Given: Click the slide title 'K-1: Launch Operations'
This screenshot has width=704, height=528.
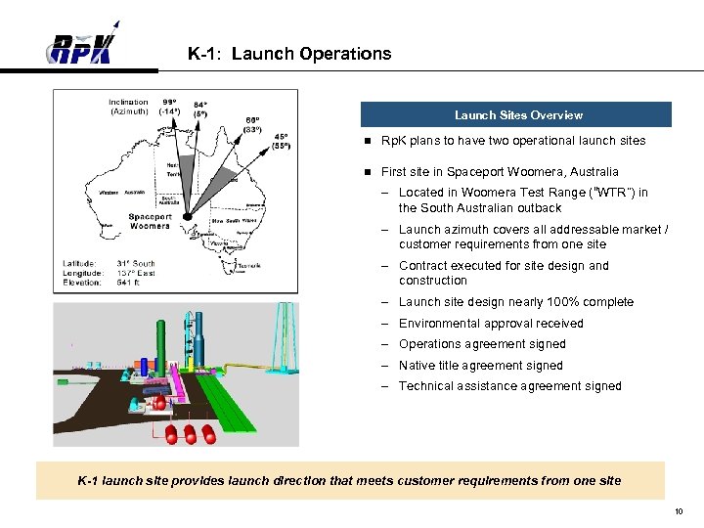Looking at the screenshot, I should (289, 55).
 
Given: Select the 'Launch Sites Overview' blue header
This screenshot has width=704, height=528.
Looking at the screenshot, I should (517, 115).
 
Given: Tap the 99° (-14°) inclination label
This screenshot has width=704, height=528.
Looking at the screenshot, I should (170, 107).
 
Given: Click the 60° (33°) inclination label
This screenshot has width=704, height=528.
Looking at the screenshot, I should (251, 122).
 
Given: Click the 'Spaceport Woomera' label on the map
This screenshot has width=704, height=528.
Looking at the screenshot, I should (150, 221).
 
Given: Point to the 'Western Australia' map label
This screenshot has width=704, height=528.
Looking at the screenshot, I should (121, 192).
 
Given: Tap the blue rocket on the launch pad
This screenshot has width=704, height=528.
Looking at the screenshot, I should (144, 367).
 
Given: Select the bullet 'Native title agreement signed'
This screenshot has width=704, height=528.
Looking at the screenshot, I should (480, 366).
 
